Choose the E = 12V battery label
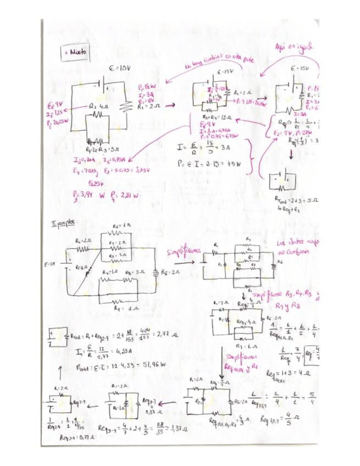pos(50,264)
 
